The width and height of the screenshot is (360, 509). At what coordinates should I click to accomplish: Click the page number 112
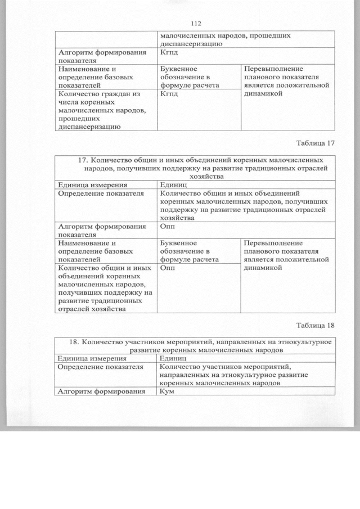pos(196,24)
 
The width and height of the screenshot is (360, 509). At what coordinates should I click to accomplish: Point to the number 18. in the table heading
pos(74,342)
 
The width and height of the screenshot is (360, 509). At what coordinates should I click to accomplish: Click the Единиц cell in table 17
pos(174,184)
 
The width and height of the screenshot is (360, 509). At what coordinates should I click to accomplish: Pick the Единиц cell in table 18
pos(174,358)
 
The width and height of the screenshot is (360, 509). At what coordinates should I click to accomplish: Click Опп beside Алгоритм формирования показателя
pos(168,226)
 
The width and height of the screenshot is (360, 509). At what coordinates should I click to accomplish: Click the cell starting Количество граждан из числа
pos(98,110)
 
